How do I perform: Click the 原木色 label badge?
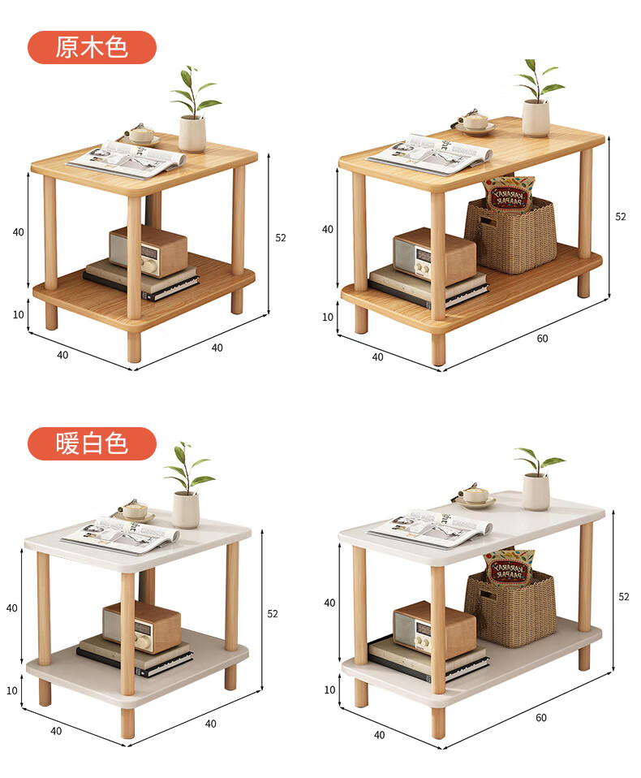click(x=92, y=48)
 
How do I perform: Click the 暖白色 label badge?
click(x=92, y=443)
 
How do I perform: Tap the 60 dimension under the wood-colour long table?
click(x=542, y=339)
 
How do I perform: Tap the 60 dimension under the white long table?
click(x=541, y=718)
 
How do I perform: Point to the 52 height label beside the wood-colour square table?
click(x=281, y=238)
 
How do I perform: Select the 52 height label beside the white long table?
click(x=624, y=597)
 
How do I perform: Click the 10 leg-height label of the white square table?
click(x=12, y=690)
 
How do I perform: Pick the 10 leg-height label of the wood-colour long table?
click(x=328, y=317)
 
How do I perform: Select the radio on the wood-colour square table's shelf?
click(x=148, y=251)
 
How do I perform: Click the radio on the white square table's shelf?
click(x=142, y=627)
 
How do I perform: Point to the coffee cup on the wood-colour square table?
click(x=142, y=135)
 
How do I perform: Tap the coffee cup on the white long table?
click(x=475, y=496)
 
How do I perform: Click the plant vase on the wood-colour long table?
click(x=536, y=118)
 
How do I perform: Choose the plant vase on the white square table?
click(x=186, y=509)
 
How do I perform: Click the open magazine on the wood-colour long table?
click(x=429, y=153)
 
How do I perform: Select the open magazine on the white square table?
click(x=120, y=535)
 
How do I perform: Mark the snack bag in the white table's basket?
click(x=509, y=568)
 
